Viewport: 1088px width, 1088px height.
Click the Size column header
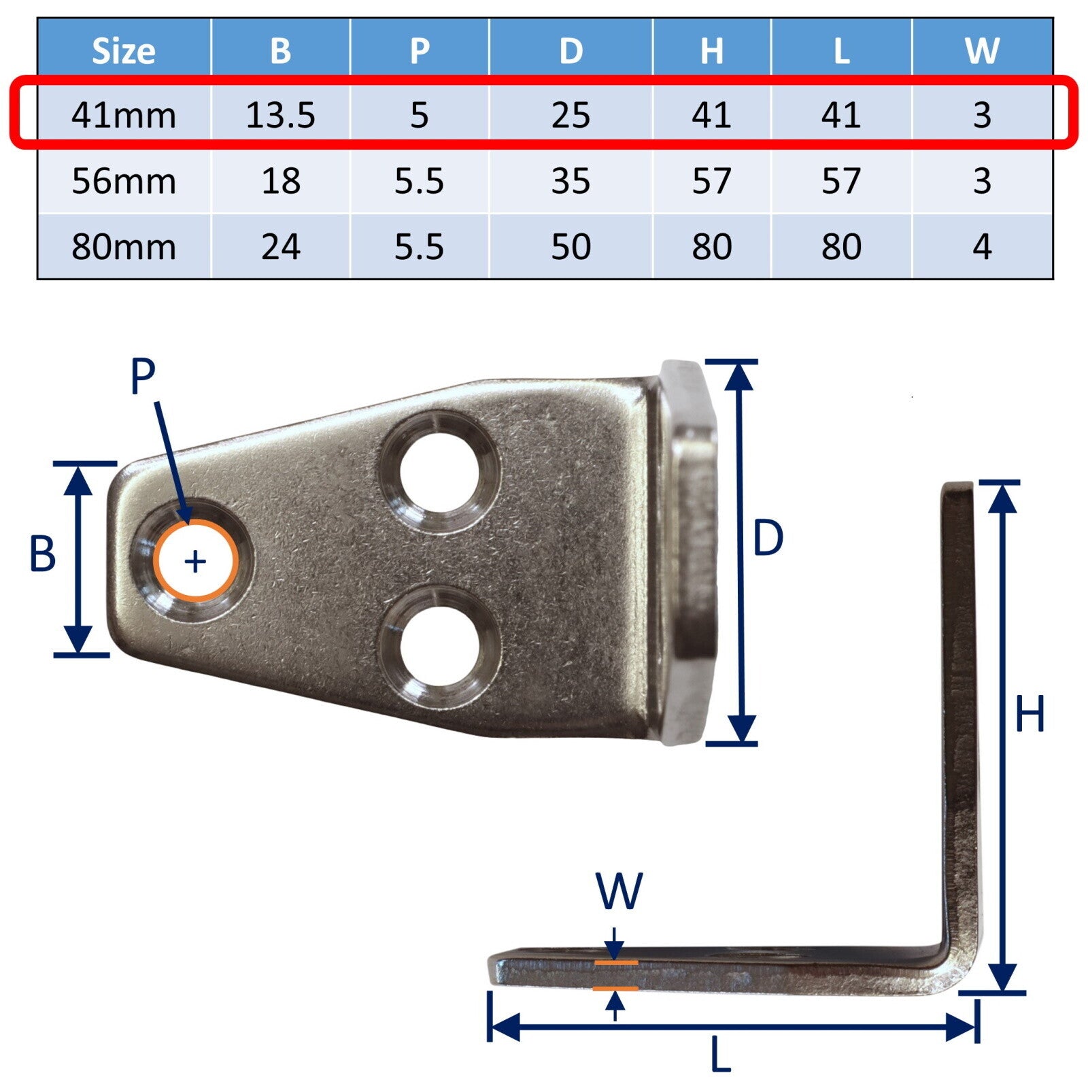(123, 50)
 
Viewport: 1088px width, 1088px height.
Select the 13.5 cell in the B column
(280, 115)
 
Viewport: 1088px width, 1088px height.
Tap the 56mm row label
(123, 181)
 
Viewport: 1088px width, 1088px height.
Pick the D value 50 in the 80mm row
(571, 246)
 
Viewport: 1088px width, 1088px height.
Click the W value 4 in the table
(981, 246)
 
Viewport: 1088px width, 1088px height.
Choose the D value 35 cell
(571, 181)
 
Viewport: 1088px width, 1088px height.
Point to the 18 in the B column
(280, 181)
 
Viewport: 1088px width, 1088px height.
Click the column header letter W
(981, 50)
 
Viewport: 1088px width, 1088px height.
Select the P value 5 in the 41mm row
(419, 115)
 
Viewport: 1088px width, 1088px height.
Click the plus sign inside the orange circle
(195, 562)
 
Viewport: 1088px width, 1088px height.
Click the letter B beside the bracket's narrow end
(42, 554)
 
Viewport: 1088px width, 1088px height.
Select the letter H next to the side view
(1029, 714)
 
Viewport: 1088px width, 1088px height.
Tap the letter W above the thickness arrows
(619, 891)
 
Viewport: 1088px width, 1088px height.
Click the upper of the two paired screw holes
(440, 471)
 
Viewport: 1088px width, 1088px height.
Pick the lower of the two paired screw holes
(440, 645)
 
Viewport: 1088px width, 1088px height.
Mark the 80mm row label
(123, 246)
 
